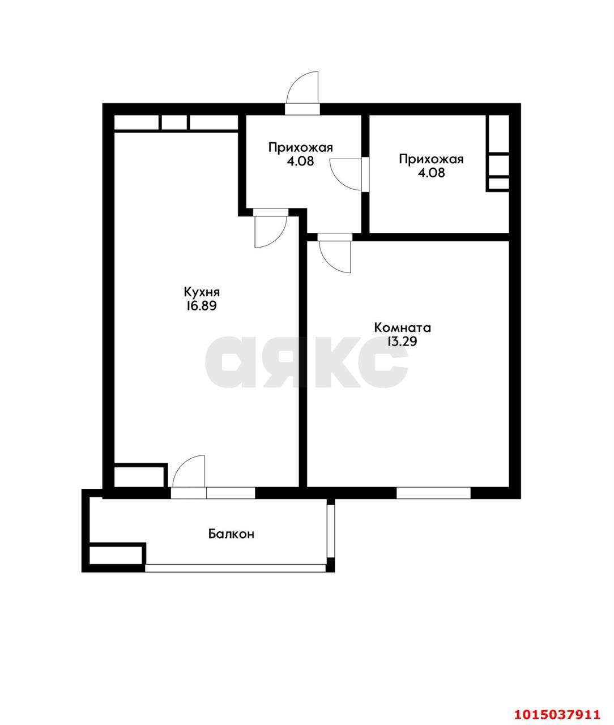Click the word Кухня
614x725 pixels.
[201, 292]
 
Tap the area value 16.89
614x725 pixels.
[201, 306]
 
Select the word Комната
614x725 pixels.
[403, 327]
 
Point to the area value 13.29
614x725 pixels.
[403, 342]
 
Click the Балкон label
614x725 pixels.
[231, 534]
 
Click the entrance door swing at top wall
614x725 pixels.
[304, 89]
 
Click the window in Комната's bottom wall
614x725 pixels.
[433, 493]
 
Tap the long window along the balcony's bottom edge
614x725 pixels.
[236, 568]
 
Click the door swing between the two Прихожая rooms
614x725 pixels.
[347, 172]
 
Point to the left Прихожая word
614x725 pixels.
[300, 148]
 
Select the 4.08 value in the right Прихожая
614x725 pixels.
[431, 173]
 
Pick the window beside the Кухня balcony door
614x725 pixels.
[231, 493]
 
